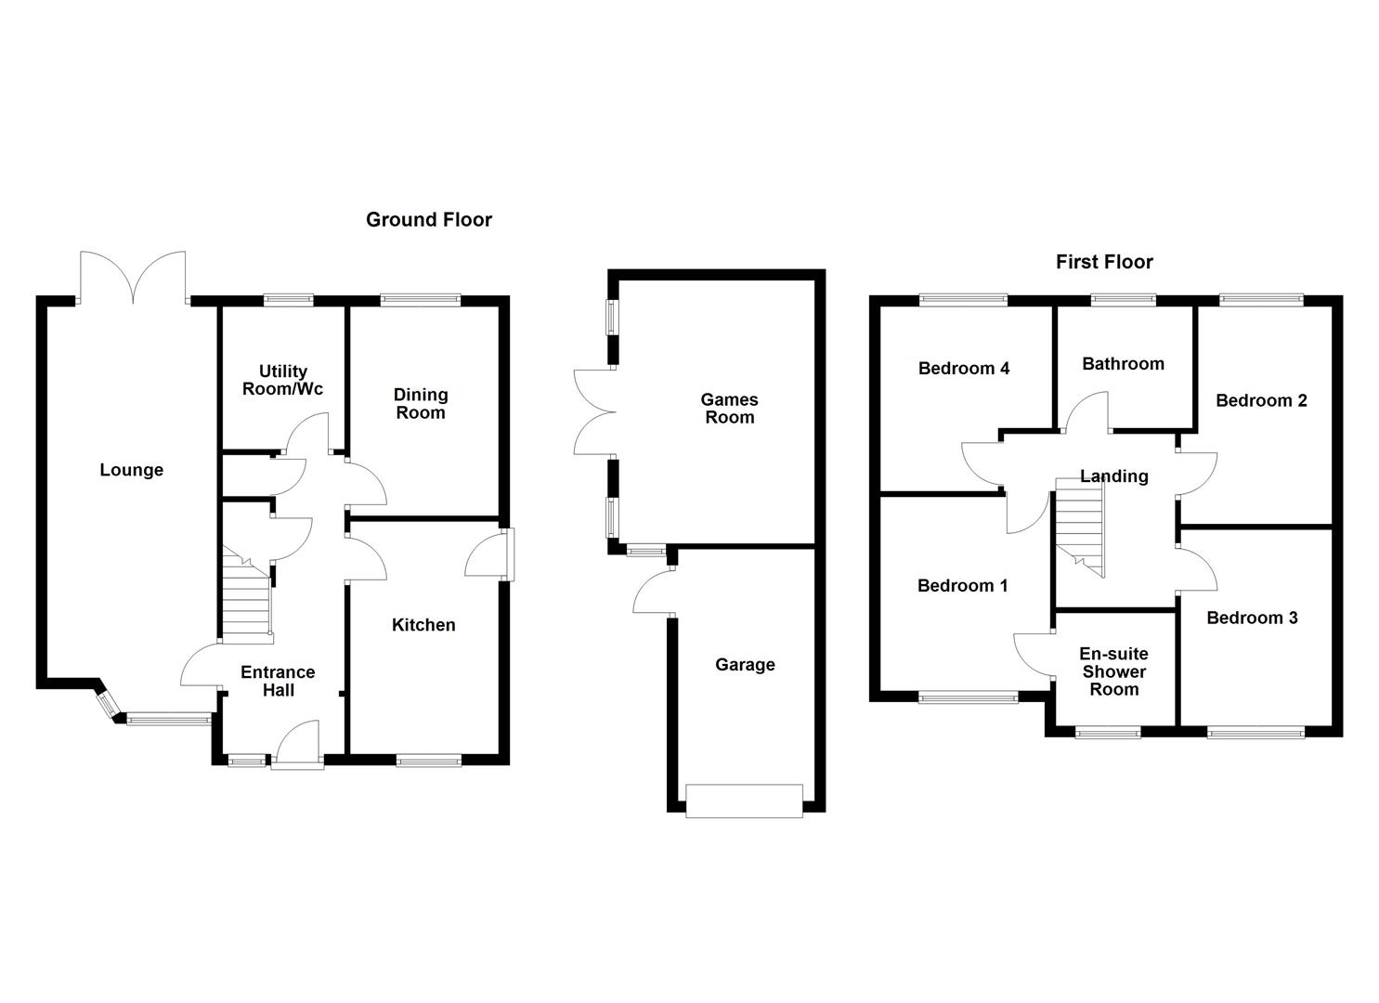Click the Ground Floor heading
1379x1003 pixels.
[x=428, y=220]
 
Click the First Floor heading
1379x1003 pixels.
[x=1103, y=263]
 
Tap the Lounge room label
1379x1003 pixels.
[x=131, y=471]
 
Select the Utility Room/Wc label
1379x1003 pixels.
[x=282, y=381]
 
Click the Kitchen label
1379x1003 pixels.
[x=423, y=626]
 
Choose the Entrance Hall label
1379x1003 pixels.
[x=278, y=682]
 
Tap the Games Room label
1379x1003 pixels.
[x=729, y=410]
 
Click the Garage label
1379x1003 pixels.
[x=745, y=665]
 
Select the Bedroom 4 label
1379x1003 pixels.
[x=963, y=369]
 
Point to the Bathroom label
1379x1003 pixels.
[x=1123, y=364]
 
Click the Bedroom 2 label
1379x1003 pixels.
[x=1261, y=401]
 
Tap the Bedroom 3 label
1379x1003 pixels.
[x=1252, y=619]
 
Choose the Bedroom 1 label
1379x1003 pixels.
[x=962, y=586]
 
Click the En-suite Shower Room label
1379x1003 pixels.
[x=1113, y=672]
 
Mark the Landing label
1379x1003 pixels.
[x=1113, y=476]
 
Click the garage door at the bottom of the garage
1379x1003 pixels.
[x=744, y=801]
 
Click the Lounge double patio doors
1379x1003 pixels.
[x=133, y=278]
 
